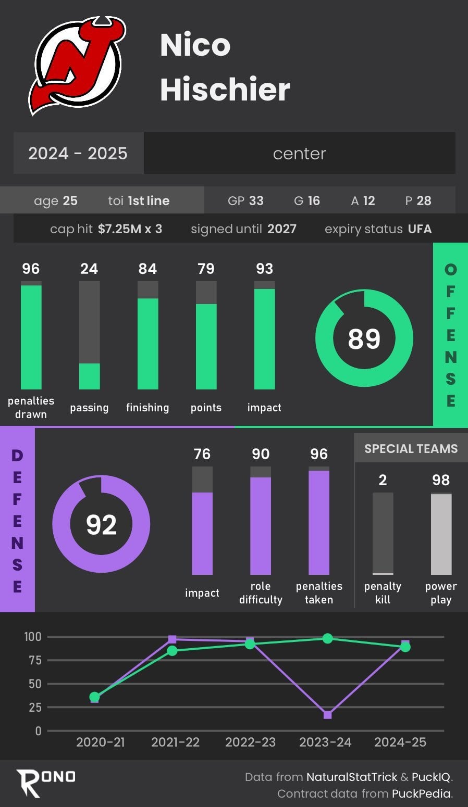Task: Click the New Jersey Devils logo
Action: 77,65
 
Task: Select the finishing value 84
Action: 147,269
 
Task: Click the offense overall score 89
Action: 364,338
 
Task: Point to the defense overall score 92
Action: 101,524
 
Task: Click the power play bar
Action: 441,534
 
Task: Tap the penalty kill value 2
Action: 383,480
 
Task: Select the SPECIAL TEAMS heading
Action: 411,449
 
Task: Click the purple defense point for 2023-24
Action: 327,715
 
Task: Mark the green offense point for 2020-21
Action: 94,697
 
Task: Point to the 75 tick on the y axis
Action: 34,660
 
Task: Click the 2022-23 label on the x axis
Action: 250,742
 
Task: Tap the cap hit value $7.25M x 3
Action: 130,229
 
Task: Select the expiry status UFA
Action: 420,229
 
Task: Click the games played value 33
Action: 256,201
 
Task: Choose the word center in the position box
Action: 299,154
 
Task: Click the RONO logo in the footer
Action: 45,782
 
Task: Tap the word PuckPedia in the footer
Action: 422,793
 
